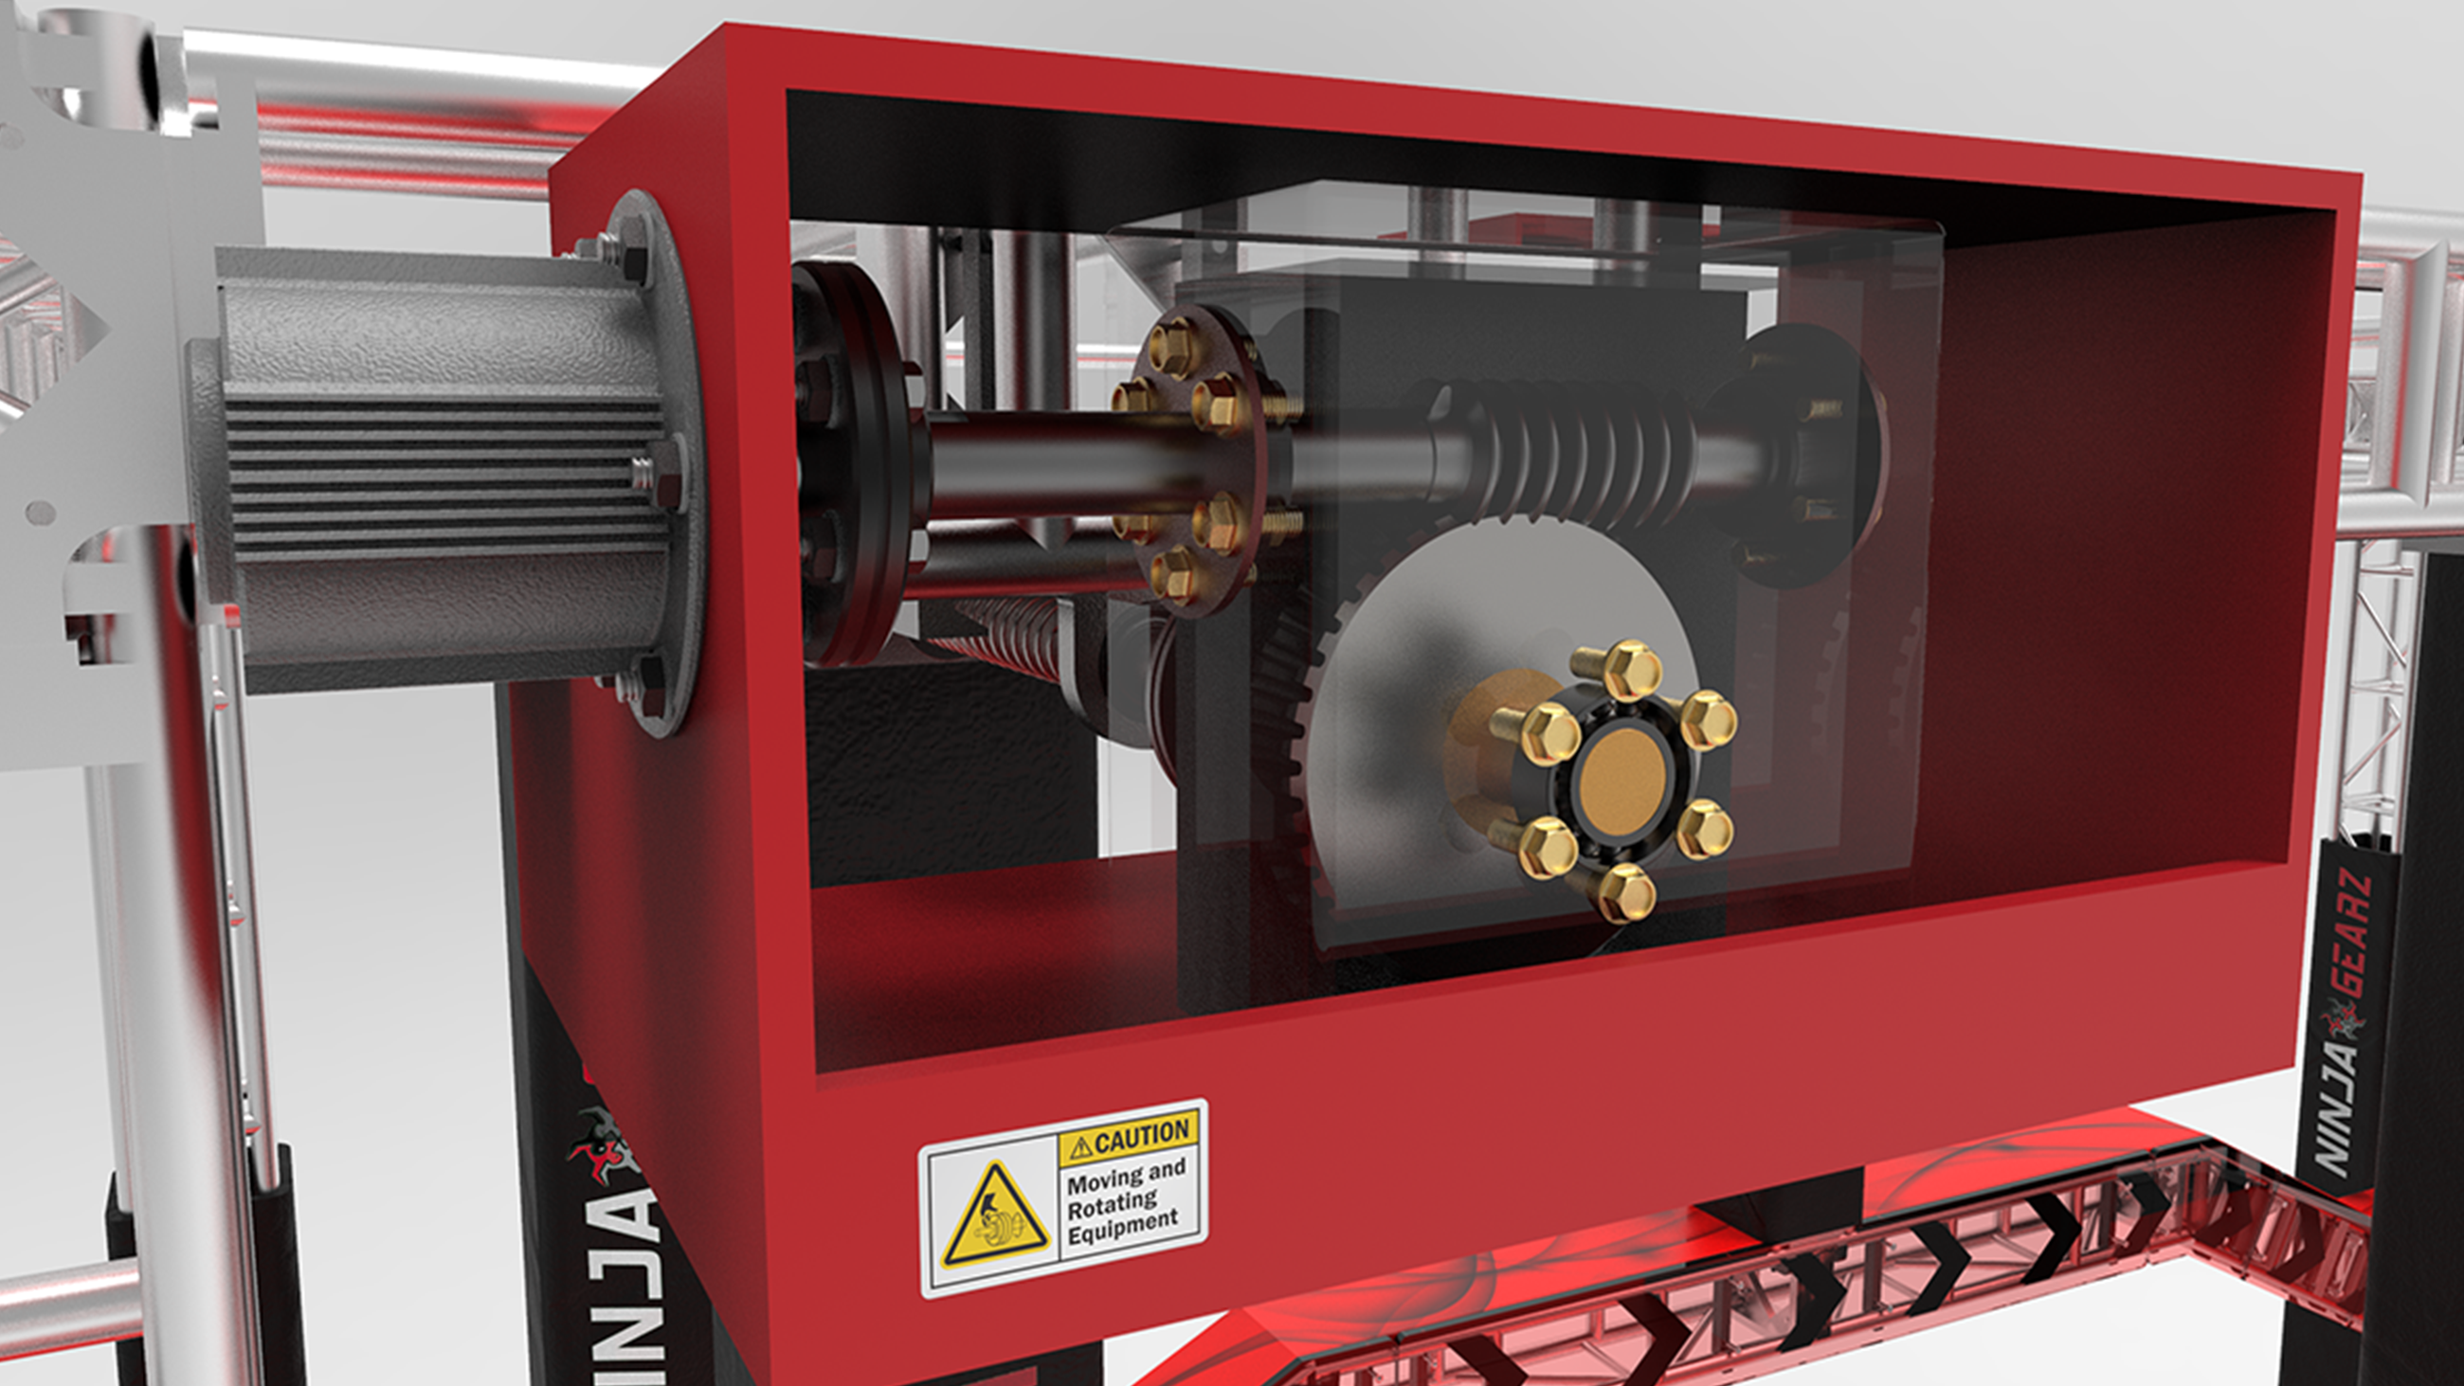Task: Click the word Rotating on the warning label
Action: tap(1112, 1202)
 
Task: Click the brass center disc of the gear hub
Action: tap(1622, 779)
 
